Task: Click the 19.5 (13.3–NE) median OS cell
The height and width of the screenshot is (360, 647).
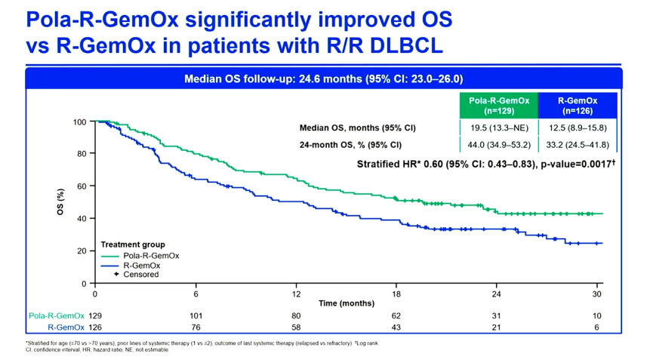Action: (x=498, y=128)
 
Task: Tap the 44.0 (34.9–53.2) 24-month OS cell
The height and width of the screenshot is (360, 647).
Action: (x=498, y=145)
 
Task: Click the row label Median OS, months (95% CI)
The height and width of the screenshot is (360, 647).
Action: (x=358, y=128)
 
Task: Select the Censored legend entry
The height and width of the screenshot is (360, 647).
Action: (x=140, y=274)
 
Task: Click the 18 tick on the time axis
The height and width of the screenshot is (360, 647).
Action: (x=397, y=294)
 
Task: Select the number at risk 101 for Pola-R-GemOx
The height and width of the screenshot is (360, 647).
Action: (x=196, y=315)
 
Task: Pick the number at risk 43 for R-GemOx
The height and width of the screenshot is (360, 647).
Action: (x=397, y=328)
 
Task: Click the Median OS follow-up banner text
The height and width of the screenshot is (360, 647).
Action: (x=324, y=78)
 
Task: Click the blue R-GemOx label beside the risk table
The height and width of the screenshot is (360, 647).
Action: (x=63, y=328)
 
